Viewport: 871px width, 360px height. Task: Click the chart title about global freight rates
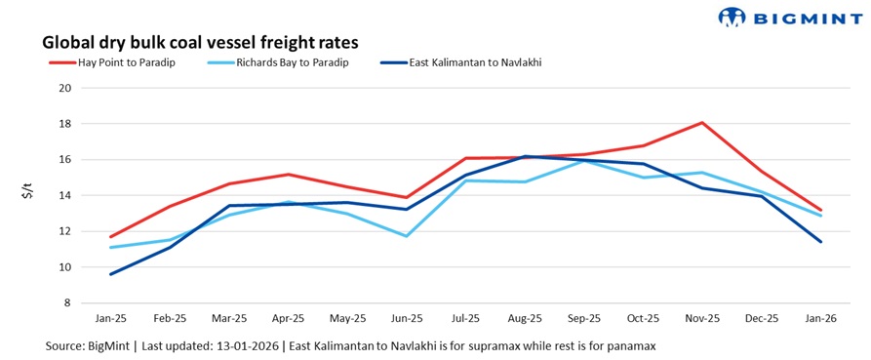pyautogui.click(x=199, y=42)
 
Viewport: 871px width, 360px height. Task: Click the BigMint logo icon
pyautogui.click(x=732, y=17)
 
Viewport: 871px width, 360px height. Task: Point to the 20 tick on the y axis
pyautogui.click(x=66, y=88)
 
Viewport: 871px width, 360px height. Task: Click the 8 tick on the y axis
pyautogui.click(x=69, y=302)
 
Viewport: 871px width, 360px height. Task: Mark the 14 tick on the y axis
pyautogui.click(x=66, y=195)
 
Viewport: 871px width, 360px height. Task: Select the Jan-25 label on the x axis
pyautogui.click(x=111, y=319)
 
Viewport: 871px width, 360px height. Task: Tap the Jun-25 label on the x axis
pyautogui.click(x=407, y=319)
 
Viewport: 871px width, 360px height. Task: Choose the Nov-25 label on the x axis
pyautogui.click(x=701, y=319)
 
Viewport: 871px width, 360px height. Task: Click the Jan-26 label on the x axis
pyautogui.click(x=819, y=319)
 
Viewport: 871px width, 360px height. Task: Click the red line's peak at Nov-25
pyautogui.click(x=701, y=123)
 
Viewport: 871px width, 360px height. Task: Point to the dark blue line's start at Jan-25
pyautogui.click(x=111, y=274)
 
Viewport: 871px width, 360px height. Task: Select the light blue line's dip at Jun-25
pyautogui.click(x=407, y=236)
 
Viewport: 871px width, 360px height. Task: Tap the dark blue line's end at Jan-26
pyautogui.click(x=819, y=242)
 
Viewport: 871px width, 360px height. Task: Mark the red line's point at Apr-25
pyautogui.click(x=289, y=175)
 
